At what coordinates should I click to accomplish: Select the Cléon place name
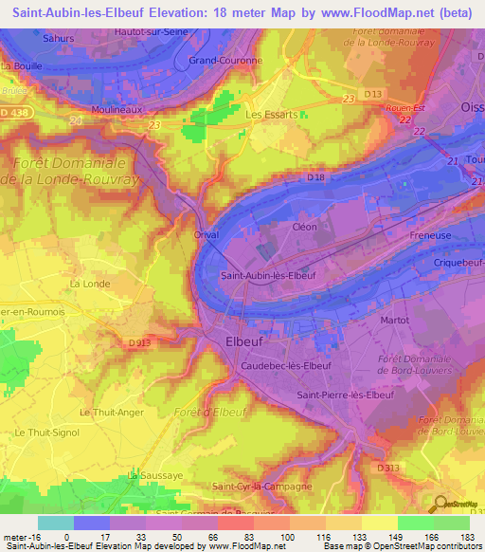(304, 228)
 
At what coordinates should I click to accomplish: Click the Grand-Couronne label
(219, 61)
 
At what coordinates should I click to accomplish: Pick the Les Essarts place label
(272, 115)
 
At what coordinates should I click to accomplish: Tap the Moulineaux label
(117, 111)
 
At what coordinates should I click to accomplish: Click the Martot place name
(393, 320)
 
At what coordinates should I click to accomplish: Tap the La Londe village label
(89, 284)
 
